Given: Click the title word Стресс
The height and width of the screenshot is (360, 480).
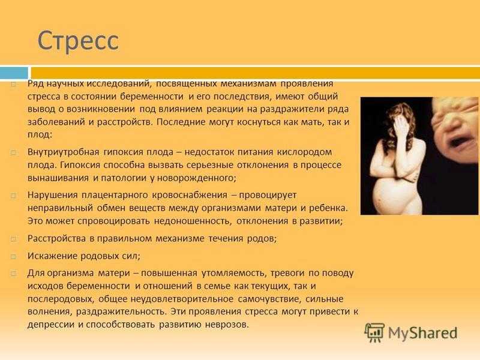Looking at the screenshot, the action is click(78, 41).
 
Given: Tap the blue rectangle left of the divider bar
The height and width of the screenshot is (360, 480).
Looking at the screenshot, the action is click(14, 73).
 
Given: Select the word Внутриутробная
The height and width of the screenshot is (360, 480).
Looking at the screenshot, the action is click(64, 152).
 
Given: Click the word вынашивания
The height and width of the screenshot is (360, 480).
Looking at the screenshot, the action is click(58, 178).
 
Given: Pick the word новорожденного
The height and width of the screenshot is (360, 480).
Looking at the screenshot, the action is click(196, 178).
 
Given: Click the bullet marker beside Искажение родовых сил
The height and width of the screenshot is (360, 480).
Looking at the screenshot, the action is click(13, 256).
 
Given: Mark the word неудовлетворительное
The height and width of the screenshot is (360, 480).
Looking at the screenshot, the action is click(182, 299).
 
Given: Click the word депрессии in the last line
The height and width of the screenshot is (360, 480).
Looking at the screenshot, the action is click(51, 325).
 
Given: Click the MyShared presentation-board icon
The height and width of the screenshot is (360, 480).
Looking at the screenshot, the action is click(374, 332).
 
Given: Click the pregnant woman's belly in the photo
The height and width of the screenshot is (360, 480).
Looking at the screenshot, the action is click(388, 194).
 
